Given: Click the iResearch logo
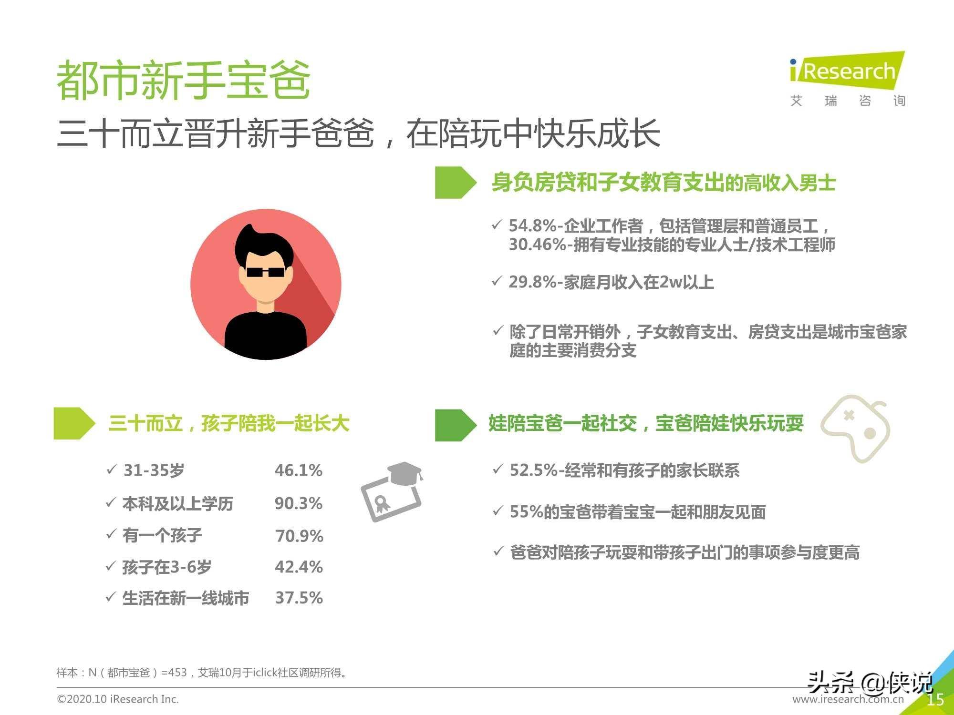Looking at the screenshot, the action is (847, 78).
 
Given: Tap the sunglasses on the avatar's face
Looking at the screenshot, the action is (265, 273).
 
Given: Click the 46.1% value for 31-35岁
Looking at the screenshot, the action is (299, 470).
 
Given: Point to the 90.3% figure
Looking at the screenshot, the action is (299, 503).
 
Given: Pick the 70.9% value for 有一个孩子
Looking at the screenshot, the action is (300, 536).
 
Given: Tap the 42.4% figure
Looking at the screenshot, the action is (299, 567).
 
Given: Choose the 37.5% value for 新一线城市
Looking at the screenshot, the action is (299, 598).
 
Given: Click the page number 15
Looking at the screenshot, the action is (935, 699).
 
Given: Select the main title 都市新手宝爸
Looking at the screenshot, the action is (184, 80).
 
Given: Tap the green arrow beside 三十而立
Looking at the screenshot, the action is (74, 423).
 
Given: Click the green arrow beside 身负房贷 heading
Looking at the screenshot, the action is (456, 182).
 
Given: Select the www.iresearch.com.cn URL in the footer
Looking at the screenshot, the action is (848, 699).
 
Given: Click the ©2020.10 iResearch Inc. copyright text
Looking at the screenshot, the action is (118, 699).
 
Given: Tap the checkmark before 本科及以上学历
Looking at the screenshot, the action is (111, 502).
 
